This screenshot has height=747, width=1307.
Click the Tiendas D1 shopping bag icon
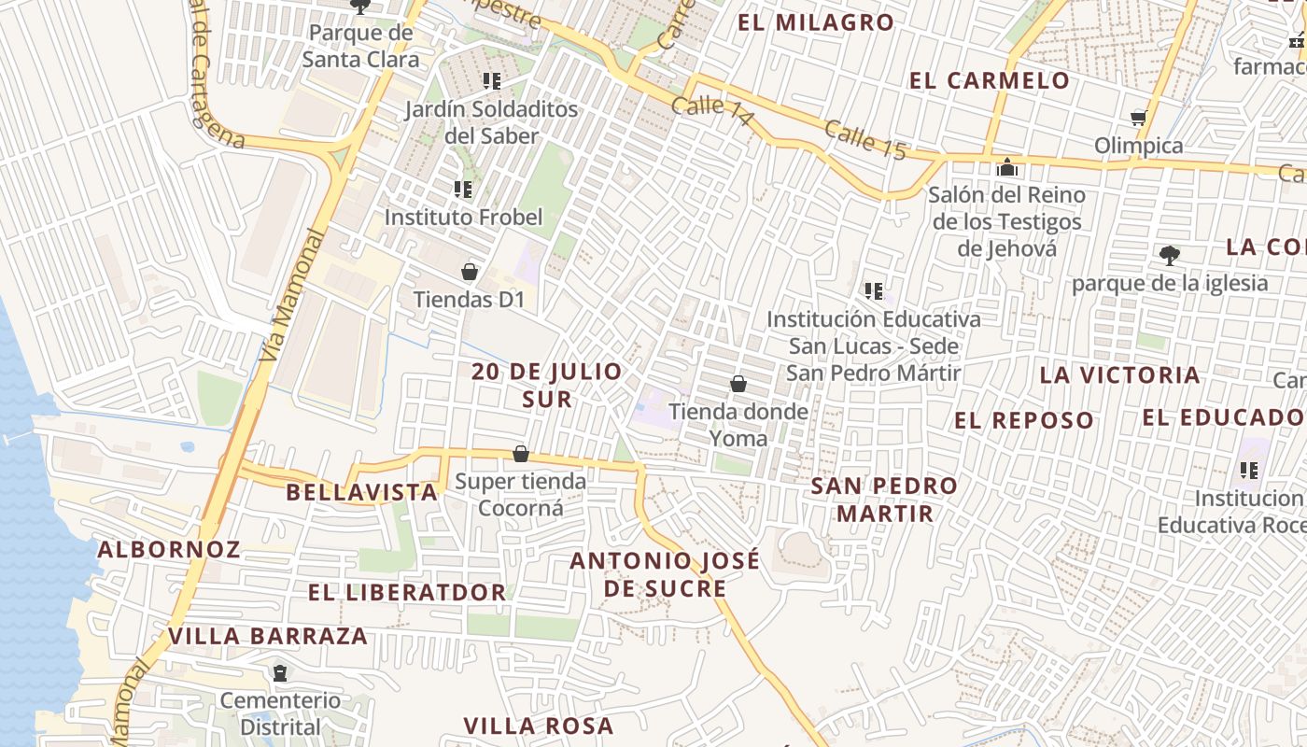point(470,272)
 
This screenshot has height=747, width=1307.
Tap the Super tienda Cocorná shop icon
point(521,454)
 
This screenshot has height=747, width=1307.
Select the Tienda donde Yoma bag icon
point(738,383)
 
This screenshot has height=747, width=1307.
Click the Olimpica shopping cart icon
point(1138,118)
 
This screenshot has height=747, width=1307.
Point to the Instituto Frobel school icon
point(463,190)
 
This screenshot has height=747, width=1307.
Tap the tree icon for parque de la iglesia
point(1169,255)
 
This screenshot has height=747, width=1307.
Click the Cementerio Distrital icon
point(279,672)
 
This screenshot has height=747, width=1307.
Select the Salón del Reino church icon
point(1007,168)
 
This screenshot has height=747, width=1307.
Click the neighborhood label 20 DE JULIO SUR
point(547,385)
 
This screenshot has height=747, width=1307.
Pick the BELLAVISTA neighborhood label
point(362,492)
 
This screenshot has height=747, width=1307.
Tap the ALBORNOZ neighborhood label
point(169,549)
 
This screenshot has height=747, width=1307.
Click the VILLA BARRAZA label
point(268,637)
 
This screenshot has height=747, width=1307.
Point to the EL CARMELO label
point(990,80)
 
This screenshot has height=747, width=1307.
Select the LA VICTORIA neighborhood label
point(1120,375)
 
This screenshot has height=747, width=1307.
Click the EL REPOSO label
point(1024,420)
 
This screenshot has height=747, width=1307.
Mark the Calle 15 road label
point(865,141)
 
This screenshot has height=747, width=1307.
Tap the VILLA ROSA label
point(539,726)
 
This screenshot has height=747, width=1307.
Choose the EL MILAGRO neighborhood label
point(816,22)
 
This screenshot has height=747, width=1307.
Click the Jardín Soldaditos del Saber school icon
point(492,81)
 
